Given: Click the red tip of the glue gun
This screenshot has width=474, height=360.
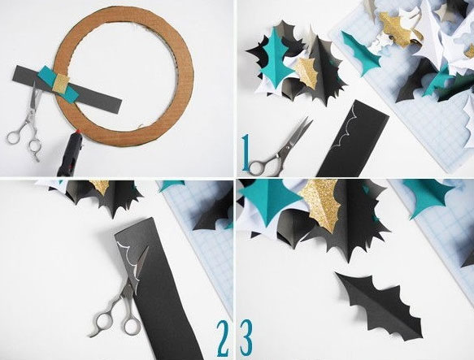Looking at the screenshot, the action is pyautogui.click(x=79, y=132).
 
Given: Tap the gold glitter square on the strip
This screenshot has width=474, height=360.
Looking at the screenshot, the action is pyautogui.click(x=61, y=82).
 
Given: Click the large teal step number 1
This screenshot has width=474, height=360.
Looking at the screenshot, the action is pyautogui.click(x=246, y=152).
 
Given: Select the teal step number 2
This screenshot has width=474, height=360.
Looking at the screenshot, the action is pyautogui.click(x=222, y=338).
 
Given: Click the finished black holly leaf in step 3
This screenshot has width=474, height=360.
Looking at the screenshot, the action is pyautogui.click(x=379, y=306).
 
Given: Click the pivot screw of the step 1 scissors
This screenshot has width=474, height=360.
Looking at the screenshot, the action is pyautogui.click(x=288, y=147).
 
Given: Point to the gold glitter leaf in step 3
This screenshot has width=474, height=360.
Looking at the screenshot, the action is pyautogui.click(x=321, y=205).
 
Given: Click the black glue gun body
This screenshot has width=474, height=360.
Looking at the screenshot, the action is pyautogui.click(x=68, y=156).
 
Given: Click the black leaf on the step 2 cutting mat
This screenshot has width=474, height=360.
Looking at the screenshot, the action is pyautogui.click(x=211, y=215).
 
